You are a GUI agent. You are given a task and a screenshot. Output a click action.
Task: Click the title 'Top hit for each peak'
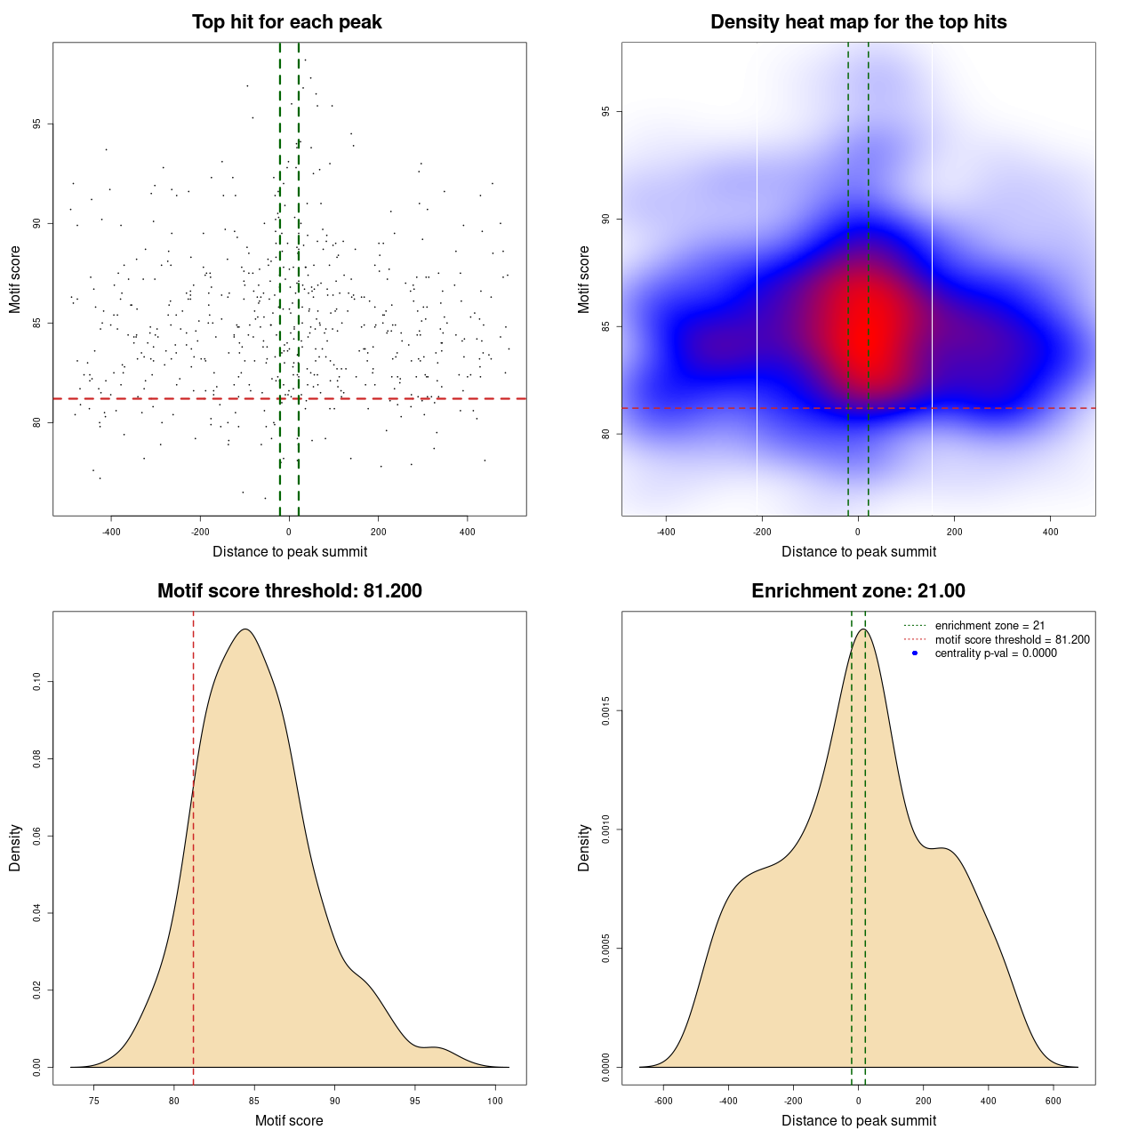pyautogui.click(x=287, y=22)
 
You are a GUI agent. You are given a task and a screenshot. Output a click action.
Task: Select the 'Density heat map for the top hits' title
pyautogui.click(x=858, y=22)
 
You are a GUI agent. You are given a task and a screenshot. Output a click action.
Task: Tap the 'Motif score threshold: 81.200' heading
pyautogui.click(x=289, y=591)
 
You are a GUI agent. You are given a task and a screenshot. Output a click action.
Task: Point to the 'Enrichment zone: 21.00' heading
pyautogui.click(x=858, y=591)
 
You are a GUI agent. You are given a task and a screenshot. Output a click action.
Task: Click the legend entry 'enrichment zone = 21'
pyautogui.click(x=990, y=626)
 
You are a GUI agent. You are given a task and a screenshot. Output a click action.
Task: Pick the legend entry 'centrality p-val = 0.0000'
pyautogui.click(x=996, y=653)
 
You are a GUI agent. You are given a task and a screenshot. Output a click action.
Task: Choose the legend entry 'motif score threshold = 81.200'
pyautogui.click(x=1012, y=640)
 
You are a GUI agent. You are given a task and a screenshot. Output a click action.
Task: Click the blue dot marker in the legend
pyautogui.click(x=915, y=653)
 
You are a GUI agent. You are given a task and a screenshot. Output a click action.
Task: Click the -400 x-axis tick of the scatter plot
pyautogui.click(x=111, y=532)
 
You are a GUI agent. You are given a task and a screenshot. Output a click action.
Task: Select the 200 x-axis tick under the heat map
pyautogui.click(x=954, y=532)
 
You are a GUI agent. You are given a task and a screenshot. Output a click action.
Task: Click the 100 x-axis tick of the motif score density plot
pyautogui.click(x=495, y=1101)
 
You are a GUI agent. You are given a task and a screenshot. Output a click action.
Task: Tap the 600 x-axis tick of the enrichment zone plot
pyautogui.click(x=1054, y=1101)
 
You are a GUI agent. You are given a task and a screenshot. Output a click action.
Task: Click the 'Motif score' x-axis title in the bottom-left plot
pyautogui.click(x=289, y=1120)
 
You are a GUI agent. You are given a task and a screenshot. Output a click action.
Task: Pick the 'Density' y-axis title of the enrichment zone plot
pyautogui.click(x=584, y=847)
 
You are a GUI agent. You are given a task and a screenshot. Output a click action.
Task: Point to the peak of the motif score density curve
pyautogui.click(x=245, y=629)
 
